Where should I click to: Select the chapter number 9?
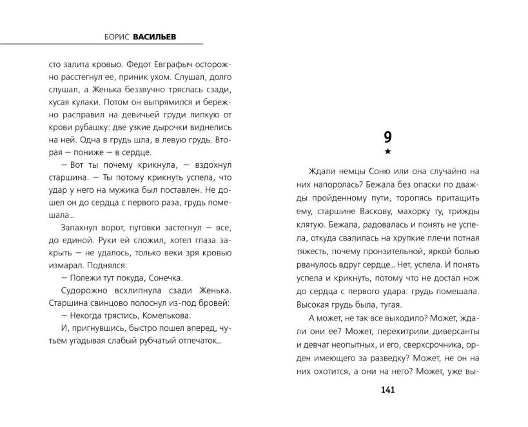pyautogui.click(x=387, y=137)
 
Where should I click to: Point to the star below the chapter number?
pyautogui.click(x=387, y=152)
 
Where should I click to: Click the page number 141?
pyautogui.click(x=387, y=390)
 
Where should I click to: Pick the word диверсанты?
pyautogui.click(x=455, y=335)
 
